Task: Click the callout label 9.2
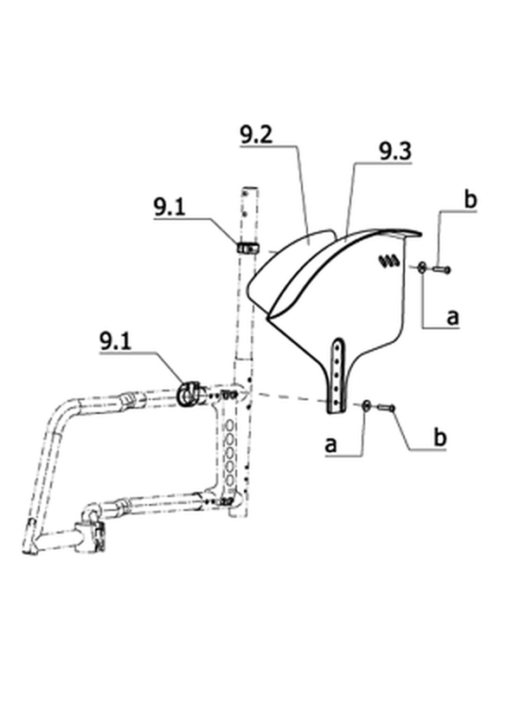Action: pos(256,134)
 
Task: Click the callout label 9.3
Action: pos(395,152)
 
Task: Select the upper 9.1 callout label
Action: pos(170,207)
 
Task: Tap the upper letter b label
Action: pos(470,200)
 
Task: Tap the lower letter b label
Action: pos(440,436)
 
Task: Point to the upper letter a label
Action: pos(453,317)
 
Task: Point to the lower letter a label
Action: pos(331,444)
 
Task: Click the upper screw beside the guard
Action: pos(441,268)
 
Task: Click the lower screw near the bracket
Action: pos(386,407)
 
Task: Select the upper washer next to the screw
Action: pos(422,267)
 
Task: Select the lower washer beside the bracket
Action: pos(366,406)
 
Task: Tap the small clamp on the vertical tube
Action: pos(247,248)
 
